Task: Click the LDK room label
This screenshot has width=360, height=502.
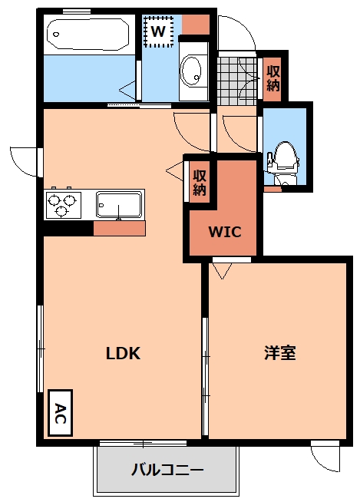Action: tap(123, 354)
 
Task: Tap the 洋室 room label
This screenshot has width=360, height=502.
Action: tap(280, 354)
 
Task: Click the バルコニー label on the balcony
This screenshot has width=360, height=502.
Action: tap(167, 469)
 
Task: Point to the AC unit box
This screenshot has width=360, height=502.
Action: tap(59, 414)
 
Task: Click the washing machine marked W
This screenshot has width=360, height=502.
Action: tap(159, 31)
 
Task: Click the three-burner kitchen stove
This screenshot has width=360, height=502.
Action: tap(64, 205)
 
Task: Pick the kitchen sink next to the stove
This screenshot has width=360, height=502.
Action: tap(119, 205)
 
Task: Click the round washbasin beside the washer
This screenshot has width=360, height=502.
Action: tap(193, 71)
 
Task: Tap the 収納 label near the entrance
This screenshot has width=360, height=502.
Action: tap(273, 78)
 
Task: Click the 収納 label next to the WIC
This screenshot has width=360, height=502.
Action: tap(200, 182)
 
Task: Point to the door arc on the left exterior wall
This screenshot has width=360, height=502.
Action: tap(23, 160)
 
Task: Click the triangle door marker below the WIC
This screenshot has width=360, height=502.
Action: tap(223, 271)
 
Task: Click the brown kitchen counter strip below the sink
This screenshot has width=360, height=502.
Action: tap(119, 228)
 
